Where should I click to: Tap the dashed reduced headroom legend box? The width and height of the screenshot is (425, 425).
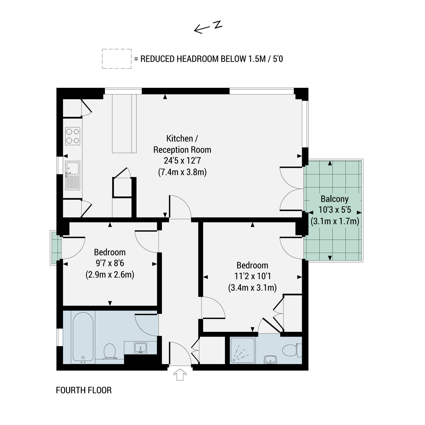click(x=117, y=59)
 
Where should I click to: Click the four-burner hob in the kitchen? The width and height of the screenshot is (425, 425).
click(x=73, y=136)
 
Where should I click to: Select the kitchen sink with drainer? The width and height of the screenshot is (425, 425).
click(x=73, y=175)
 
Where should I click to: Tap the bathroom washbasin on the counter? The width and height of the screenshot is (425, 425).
click(x=140, y=348)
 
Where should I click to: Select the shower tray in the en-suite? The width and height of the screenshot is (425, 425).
click(x=242, y=351)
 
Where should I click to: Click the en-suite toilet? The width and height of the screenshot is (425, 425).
click(x=292, y=350)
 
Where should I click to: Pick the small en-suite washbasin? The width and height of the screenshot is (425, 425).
click(x=270, y=360)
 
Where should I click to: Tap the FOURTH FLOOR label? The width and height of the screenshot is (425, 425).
click(x=84, y=390)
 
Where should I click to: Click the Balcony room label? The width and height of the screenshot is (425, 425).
click(x=335, y=199)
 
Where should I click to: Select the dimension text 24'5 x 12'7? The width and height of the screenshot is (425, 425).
click(x=182, y=161)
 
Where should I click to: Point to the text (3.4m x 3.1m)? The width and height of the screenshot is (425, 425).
click(x=252, y=288)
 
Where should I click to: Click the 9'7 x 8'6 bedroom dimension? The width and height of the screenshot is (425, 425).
click(x=110, y=263)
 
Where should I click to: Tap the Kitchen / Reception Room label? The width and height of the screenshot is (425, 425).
click(x=182, y=144)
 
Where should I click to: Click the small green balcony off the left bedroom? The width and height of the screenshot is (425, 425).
click(x=56, y=248)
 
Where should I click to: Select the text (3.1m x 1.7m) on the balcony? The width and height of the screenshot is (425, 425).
click(x=335, y=221)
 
